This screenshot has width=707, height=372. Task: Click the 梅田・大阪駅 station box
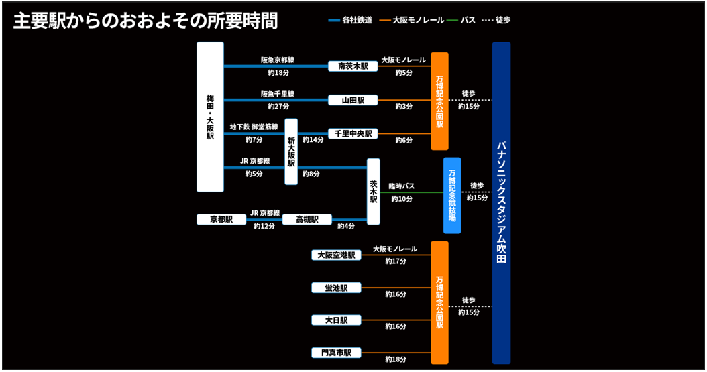pos(210,117)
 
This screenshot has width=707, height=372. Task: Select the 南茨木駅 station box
pos(353,66)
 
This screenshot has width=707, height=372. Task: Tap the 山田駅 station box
pos(353,100)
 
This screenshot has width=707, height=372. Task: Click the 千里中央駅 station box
pos(353,133)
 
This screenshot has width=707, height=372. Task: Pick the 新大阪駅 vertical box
pos(291,151)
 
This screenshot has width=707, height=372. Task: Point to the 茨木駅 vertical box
pos(374,191)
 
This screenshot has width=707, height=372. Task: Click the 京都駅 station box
pos(221,219)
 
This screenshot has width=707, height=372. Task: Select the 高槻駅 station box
pos(307,219)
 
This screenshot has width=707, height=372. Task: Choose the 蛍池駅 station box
pos(336,288)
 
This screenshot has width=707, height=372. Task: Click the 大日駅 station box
pos(336,320)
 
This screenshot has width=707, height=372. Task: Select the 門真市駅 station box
pos(336,353)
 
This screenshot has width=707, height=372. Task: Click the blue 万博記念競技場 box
pos(453,195)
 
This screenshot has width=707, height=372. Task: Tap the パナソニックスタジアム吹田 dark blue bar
pos(501,202)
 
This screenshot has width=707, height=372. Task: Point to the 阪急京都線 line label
pos(278,60)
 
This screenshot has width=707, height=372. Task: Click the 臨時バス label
pos(402,186)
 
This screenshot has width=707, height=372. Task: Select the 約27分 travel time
pos(278,106)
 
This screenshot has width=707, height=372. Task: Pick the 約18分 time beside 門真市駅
pos(396,359)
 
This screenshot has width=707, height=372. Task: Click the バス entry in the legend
pos(468,21)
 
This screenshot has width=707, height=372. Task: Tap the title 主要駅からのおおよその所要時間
pos(146,21)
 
